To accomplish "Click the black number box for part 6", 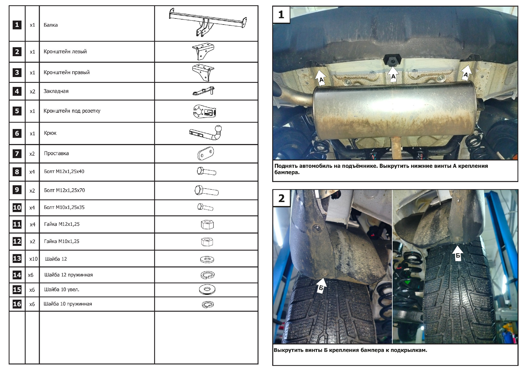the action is coord(17,133).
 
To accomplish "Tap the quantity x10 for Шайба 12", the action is coord(33,259).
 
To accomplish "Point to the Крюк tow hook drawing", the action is coord(206,133).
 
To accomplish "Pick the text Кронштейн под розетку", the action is coord(72,111).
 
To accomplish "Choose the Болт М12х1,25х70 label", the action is coord(64,190).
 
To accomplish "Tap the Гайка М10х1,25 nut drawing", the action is coord(207,242).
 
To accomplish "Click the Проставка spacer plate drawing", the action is coord(206,154).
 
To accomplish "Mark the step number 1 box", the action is coord(281,15).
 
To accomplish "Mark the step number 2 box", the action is coord(281,198).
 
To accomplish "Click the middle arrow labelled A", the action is coord(393,74).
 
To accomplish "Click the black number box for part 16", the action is coord(17,304).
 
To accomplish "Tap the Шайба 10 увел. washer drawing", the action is coord(207,290).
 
